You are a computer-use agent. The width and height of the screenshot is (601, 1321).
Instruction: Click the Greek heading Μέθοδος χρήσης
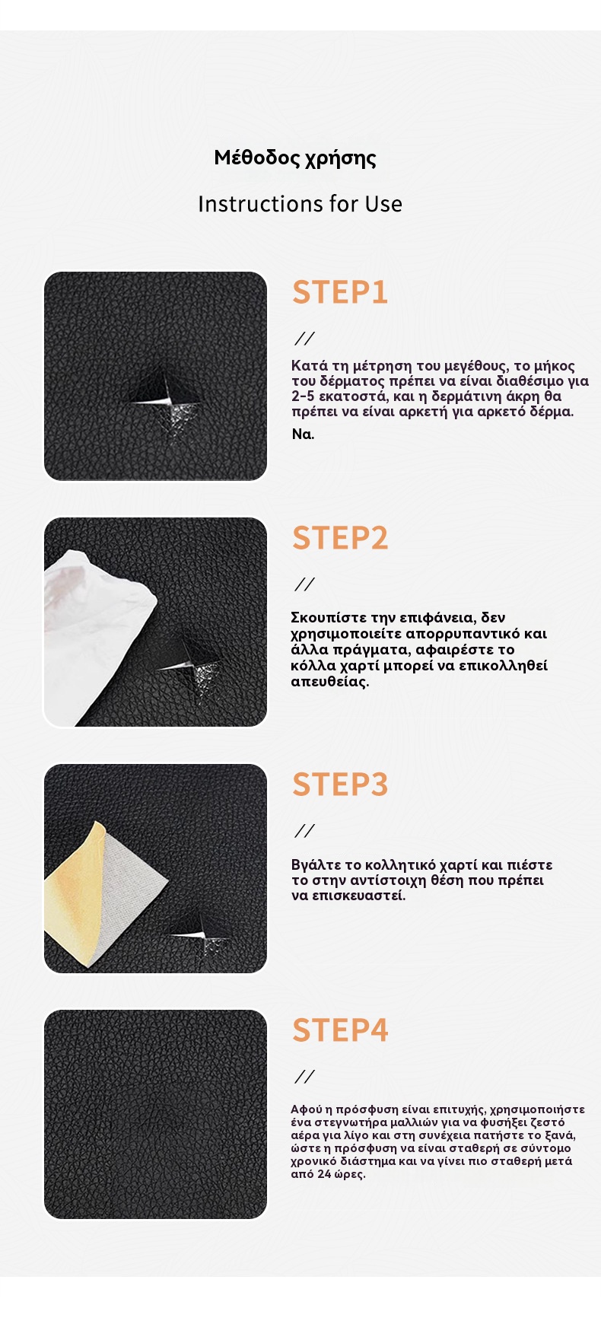(295, 159)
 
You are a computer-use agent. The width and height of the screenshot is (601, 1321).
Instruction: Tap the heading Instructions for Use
(300, 204)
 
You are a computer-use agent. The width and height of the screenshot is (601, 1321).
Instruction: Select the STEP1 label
(340, 292)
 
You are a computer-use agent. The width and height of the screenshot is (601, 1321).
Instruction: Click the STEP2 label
(340, 538)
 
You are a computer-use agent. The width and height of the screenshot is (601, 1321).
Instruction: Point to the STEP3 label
(340, 785)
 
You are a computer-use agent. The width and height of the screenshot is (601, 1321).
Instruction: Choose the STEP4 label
(340, 1030)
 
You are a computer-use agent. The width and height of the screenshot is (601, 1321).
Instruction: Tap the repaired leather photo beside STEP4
(156, 1114)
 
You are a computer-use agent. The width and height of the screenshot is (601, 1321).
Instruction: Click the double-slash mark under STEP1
(304, 339)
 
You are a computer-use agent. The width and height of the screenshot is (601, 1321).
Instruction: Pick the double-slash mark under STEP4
(304, 1077)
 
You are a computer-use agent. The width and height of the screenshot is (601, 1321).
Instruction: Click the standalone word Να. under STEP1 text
(303, 434)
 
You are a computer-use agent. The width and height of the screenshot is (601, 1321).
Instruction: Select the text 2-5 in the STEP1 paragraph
(304, 396)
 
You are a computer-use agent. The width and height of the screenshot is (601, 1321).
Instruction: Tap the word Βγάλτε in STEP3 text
(316, 865)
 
